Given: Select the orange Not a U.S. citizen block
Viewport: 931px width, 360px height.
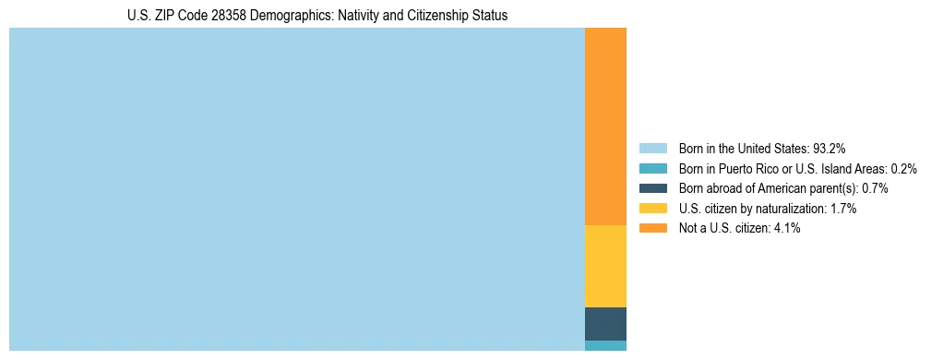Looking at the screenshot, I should [605, 126].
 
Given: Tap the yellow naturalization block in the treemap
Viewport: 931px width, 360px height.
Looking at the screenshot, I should [605, 266].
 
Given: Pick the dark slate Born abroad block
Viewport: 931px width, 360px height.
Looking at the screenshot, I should [605, 324].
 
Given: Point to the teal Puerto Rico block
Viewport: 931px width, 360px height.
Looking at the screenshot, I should [605, 346].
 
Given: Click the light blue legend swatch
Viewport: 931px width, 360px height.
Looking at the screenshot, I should [652, 149].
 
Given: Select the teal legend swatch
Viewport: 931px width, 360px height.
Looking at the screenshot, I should [652, 169].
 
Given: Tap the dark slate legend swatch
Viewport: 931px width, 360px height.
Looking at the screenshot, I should [652, 188].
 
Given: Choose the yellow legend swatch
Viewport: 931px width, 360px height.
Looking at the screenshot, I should [652, 209].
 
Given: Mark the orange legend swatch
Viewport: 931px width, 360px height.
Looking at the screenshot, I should [652, 228].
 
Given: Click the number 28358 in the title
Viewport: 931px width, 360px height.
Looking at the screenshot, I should [224, 16].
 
